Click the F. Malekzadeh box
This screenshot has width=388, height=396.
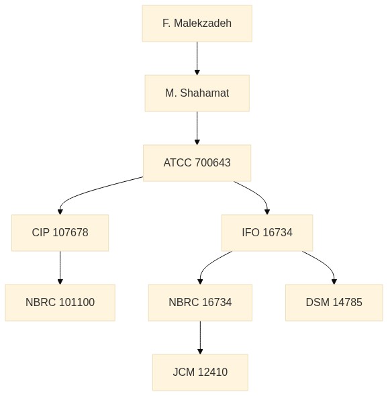point(197,23)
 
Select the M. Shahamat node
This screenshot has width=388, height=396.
point(197,93)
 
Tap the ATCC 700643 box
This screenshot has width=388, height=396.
point(197,163)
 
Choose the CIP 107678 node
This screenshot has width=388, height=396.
point(60,233)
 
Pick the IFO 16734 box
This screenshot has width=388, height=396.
point(267,233)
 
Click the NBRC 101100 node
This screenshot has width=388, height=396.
point(60,303)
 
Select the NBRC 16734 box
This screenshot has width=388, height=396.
point(200,303)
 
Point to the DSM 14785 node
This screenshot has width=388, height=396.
point(334,303)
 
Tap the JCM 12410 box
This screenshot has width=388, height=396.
point(200,373)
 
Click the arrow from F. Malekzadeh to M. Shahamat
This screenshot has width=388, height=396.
point(197,58)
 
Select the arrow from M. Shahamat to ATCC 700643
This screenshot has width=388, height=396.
point(197,128)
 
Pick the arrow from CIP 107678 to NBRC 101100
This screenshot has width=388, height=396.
point(60,268)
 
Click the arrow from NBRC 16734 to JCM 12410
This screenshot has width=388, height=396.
point(200,338)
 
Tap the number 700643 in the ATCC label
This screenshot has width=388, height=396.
point(213,162)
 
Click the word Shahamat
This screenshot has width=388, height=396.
point(205,93)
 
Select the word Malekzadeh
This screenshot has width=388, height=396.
point(203,23)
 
